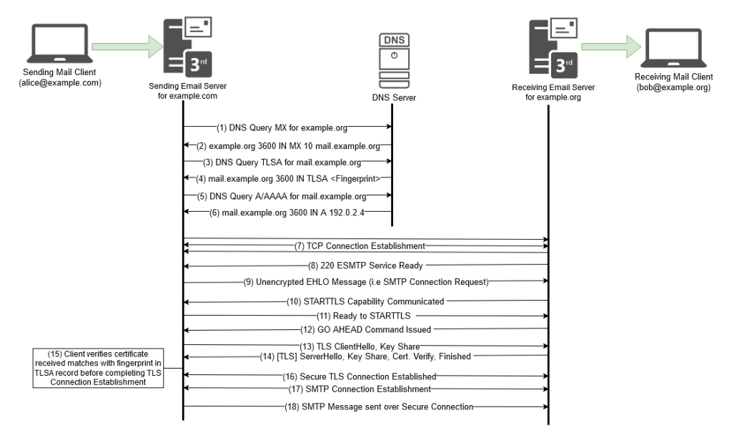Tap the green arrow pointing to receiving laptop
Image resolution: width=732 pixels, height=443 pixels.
(610, 48)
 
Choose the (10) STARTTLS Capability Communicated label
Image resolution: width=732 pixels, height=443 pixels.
(366, 301)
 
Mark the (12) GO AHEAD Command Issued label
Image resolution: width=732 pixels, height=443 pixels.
(365, 330)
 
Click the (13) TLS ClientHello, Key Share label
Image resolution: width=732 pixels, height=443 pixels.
(365, 348)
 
